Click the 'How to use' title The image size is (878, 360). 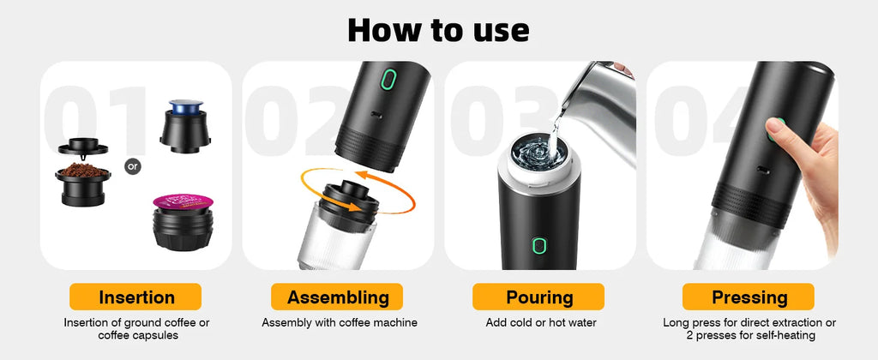438,29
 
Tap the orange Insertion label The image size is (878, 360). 136,297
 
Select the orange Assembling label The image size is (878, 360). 338,297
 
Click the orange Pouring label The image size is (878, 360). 539,297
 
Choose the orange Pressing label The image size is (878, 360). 749,297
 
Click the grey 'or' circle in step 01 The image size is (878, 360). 132,165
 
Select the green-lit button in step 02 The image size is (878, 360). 388,81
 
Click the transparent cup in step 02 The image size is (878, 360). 336,240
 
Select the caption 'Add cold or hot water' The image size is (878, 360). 539,323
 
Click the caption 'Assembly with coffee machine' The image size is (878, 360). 339,323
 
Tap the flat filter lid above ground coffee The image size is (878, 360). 83,147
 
